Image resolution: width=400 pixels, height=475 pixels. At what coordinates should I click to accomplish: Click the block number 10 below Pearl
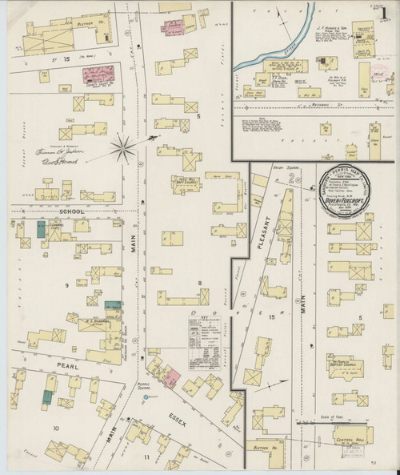click(x=56, y=429)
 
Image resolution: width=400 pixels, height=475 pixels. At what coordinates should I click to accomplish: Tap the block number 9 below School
click(x=56, y=285)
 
